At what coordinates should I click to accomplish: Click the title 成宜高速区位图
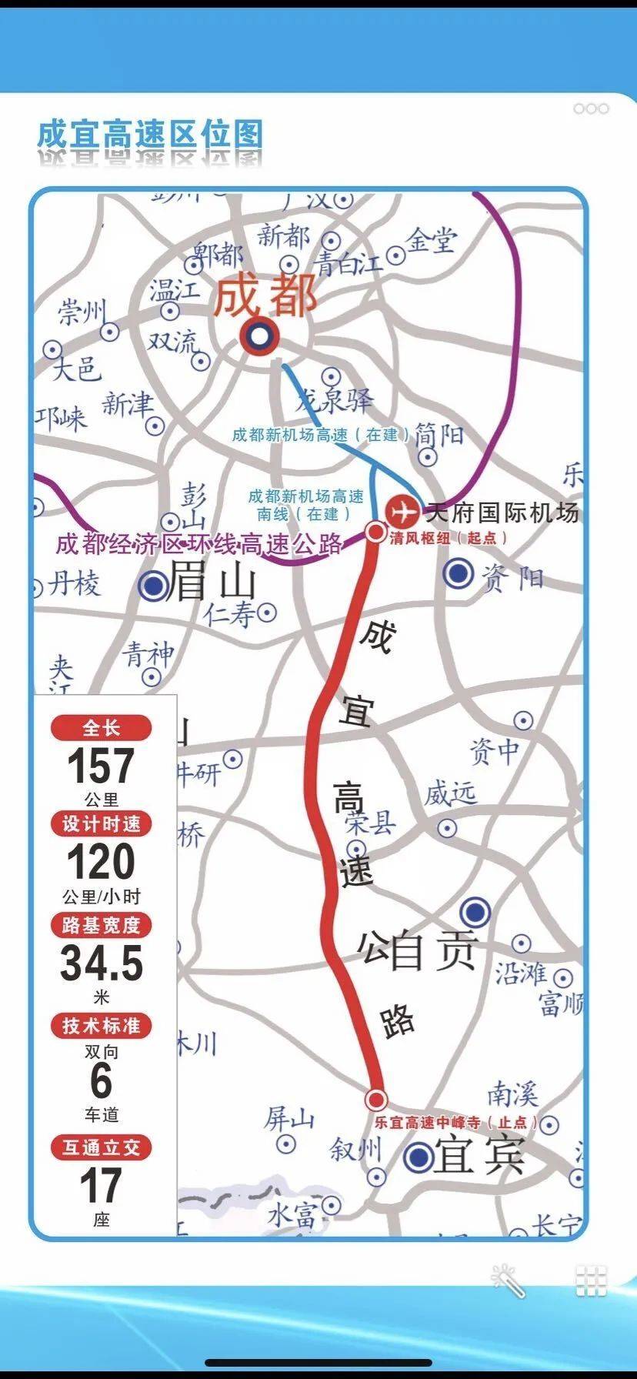(x=150, y=135)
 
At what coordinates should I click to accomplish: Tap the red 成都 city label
(x=265, y=297)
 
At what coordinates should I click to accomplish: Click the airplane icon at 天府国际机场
(x=402, y=511)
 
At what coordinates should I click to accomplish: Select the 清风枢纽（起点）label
(x=448, y=538)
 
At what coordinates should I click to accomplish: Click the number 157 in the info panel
(x=101, y=766)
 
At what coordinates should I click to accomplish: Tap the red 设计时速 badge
(x=101, y=824)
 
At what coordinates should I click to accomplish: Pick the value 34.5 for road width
(x=102, y=963)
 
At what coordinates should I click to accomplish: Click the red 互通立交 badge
(x=101, y=1147)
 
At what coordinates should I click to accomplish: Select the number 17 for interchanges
(x=101, y=1186)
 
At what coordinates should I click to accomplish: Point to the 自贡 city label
(x=432, y=951)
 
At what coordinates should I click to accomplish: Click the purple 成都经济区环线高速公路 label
(x=198, y=545)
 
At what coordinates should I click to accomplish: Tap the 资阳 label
(x=512, y=577)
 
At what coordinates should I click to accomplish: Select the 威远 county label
(x=450, y=793)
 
